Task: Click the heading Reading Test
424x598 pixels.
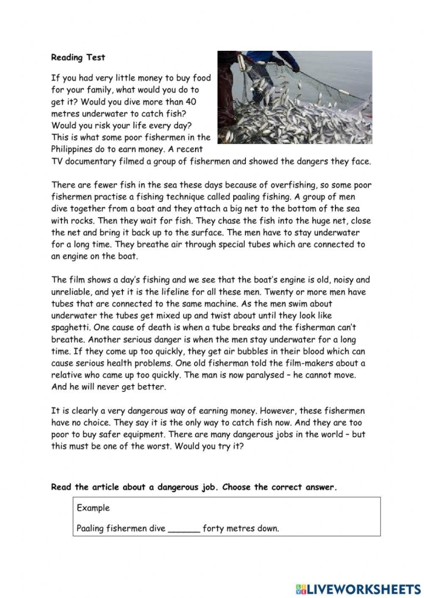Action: point(78,58)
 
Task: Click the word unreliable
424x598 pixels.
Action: point(74,292)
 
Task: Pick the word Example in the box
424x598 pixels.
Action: point(93,509)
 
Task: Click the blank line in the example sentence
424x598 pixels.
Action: point(184,529)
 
